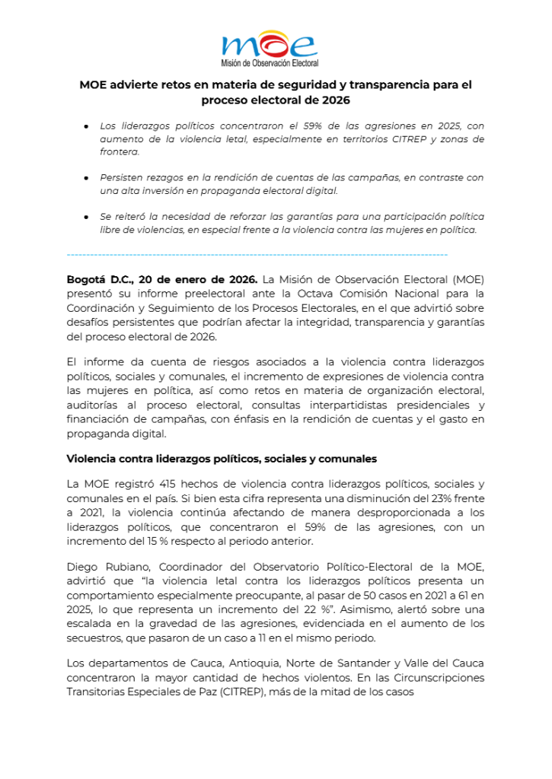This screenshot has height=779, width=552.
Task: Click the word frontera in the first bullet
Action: [x=119, y=152]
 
